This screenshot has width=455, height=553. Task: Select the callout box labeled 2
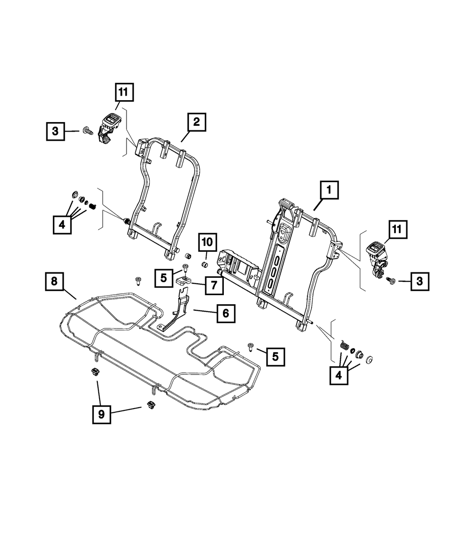[x=196, y=122]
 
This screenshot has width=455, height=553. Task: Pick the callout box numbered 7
[x=213, y=286]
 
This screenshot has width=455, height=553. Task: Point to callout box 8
[x=54, y=282]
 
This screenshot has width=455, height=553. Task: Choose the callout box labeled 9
[x=101, y=414]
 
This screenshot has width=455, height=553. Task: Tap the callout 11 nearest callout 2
[x=123, y=93]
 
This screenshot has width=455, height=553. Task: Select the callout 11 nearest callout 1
[x=397, y=230]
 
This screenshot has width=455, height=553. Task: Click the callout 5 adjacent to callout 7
[x=163, y=278]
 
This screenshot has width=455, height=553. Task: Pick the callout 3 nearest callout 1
[x=419, y=282]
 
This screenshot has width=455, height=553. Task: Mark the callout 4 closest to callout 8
[x=61, y=225]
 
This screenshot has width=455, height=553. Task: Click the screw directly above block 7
[x=185, y=267]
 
